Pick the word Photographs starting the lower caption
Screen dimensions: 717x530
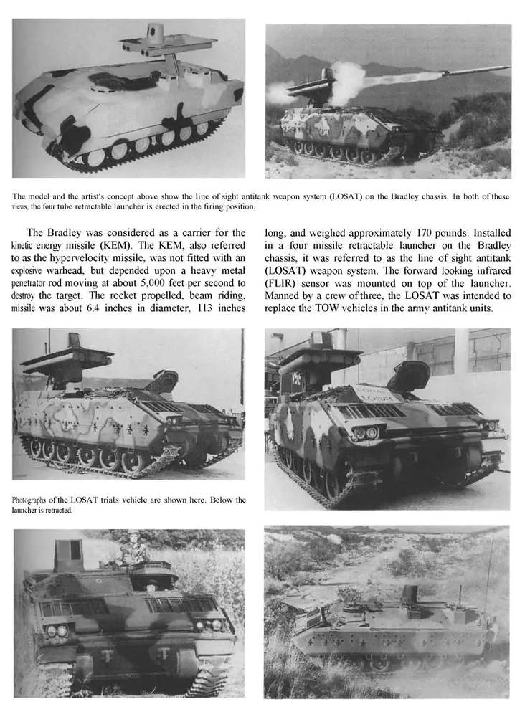[36, 500]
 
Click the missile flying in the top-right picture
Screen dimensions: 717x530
[473, 70]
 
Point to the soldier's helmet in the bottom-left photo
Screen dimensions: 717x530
[133, 535]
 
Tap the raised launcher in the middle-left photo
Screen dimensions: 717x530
[67, 358]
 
